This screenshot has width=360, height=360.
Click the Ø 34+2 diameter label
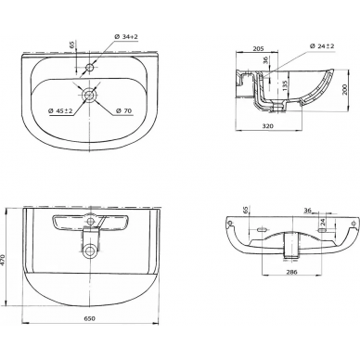(126, 37)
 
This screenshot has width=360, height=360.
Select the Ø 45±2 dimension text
(60, 110)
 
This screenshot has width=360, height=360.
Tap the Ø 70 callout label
(123, 110)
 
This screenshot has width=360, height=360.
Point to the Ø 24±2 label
(322, 46)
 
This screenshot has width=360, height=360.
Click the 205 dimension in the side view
(258, 48)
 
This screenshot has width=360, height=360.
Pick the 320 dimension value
(268, 126)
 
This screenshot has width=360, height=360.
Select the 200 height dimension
(345, 89)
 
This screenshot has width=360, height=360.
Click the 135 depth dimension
(285, 85)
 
